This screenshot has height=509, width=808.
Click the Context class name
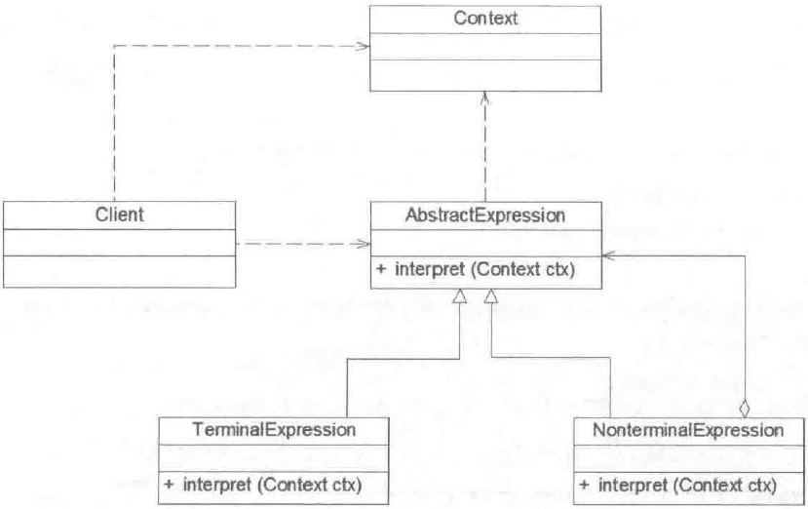pos(484,18)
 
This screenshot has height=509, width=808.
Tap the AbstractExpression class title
pos(485,215)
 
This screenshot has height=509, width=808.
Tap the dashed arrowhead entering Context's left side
pos(364,46)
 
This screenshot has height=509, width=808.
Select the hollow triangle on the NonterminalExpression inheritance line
pos(495,297)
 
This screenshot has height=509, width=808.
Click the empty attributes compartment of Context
pos(484,45)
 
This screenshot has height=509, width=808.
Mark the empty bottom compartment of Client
pos(118,271)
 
